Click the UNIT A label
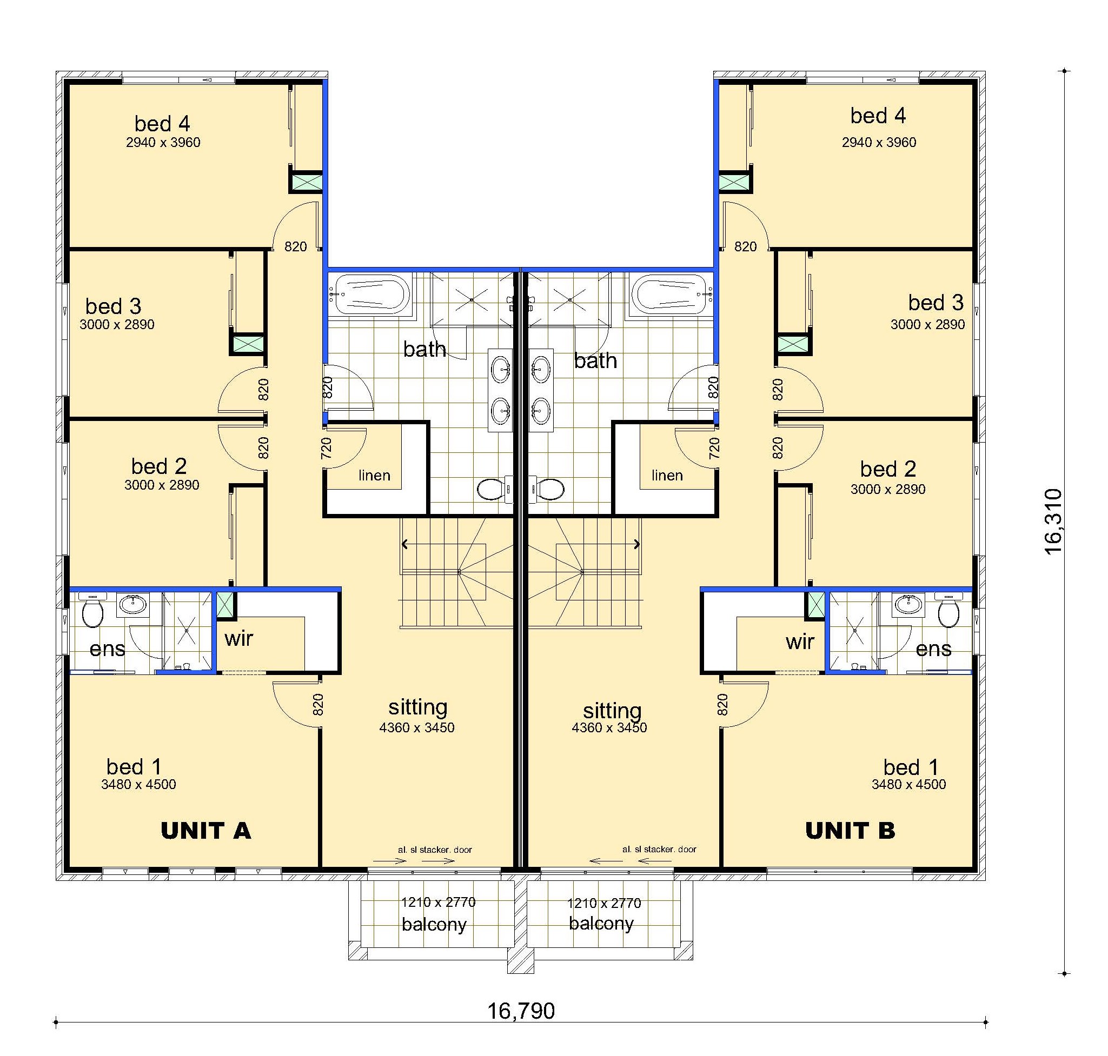(x=205, y=831)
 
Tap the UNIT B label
(x=850, y=831)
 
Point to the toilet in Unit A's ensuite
(x=92, y=610)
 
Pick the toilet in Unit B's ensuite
(x=948, y=610)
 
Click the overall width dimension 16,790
(x=521, y=1012)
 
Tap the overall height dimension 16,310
(x=1053, y=522)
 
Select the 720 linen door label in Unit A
(x=326, y=448)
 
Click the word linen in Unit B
(x=667, y=476)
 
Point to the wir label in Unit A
(x=239, y=638)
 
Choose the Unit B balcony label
(x=601, y=924)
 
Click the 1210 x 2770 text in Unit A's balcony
(x=438, y=903)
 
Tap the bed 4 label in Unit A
(x=162, y=123)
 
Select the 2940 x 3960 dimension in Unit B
(x=879, y=143)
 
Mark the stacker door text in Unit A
(x=435, y=850)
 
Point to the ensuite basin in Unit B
(x=907, y=604)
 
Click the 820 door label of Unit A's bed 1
(x=318, y=704)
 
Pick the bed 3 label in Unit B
(x=936, y=303)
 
